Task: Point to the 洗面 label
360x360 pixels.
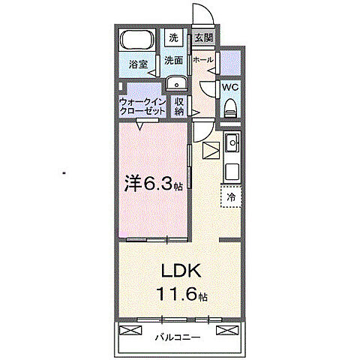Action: (174, 60)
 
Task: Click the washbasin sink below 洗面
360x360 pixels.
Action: (175, 82)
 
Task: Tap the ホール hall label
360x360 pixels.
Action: (202, 59)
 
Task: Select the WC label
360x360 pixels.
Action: (230, 87)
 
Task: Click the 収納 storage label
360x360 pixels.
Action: (178, 106)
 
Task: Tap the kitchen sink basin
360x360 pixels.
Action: (232, 142)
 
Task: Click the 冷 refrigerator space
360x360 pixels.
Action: (231, 196)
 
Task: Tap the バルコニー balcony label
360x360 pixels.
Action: (178, 337)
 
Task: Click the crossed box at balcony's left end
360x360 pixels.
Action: (124, 330)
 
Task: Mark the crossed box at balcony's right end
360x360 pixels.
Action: (223, 330)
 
